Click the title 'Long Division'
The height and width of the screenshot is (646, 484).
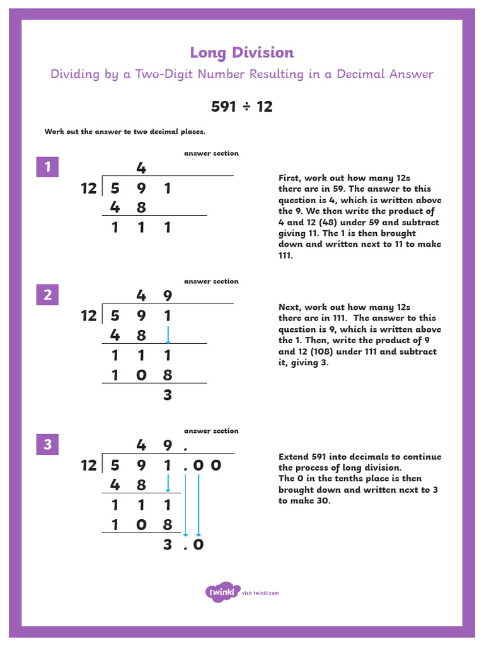(x=242, y=53)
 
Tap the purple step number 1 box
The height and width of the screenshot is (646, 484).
(x=47, y=167)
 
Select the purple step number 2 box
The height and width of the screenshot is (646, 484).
(x=47, y=295)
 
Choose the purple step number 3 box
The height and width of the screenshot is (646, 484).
(x=47, y=445)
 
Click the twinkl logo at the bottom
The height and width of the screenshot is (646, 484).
(x=222, y=592)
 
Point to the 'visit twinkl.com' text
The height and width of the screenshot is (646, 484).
(x=260, y=593)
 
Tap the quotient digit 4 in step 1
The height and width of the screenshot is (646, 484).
(x=141, y=168)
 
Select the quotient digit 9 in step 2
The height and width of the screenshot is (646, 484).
(x=168, y=295)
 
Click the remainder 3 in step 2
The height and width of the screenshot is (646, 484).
(x=168, y=396)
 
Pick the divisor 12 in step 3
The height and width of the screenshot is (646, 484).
(x=89, y=466)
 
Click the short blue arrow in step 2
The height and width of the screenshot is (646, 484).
(x=168, y=334)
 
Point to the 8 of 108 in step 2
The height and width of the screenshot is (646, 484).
(x=168, y=375)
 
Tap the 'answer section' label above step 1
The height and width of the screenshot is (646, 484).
(x=211, y=153)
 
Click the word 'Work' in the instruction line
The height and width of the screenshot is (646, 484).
(x=54, y=132)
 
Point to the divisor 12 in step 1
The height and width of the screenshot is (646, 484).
(x=89, y=188)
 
